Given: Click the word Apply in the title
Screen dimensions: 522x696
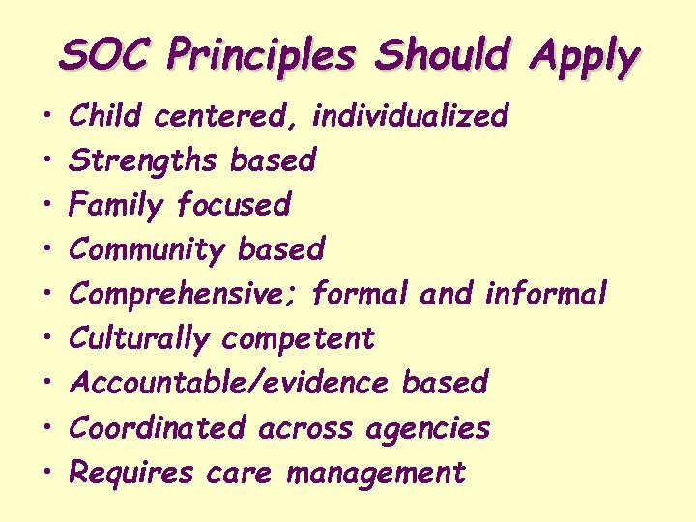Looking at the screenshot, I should (x=583, y=58).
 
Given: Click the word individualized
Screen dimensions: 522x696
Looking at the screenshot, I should (x=410, y=116).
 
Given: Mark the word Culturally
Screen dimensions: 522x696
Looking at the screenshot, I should (x=140, y=338).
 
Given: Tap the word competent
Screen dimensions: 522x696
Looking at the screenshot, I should (x=299, y=339).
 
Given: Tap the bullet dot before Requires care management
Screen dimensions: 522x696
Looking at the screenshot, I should (x=47, y=474).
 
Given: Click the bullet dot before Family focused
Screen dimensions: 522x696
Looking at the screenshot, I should (x=47, y=205).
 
